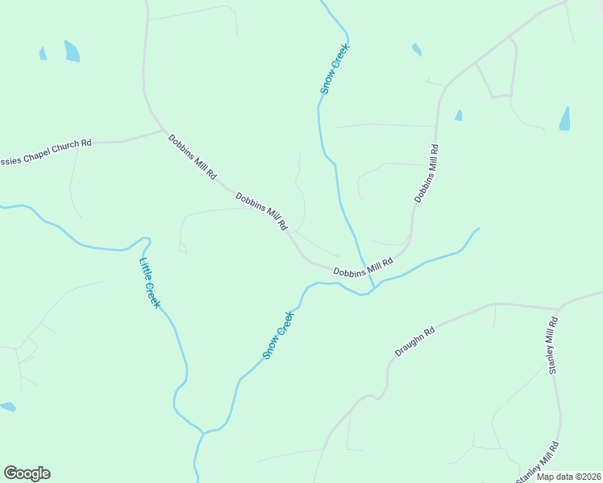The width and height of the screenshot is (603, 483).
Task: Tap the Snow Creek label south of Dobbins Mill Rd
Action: point(277,335)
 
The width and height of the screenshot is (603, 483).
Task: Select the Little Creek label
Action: point(150,283)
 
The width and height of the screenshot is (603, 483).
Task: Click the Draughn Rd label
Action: point(415,341)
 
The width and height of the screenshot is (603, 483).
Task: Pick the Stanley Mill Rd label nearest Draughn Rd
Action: point(553,345)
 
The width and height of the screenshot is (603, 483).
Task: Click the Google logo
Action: point(27,473)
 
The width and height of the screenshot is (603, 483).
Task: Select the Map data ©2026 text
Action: point(568,477)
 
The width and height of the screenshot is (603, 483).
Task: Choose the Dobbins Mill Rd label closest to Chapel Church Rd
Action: point(193,156)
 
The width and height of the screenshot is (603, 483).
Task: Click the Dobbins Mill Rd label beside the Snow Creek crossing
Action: point(363,266)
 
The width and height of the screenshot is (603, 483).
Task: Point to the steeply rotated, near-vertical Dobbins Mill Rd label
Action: point(426,173)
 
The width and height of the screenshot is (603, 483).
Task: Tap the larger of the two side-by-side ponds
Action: point(72,51)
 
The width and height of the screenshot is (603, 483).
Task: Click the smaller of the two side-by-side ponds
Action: point(43,53)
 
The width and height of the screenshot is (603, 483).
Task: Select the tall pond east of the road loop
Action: point(564,118)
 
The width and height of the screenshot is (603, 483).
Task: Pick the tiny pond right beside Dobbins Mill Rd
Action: point(459,115)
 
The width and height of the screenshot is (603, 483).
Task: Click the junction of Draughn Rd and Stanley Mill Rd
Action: point(558,308)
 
